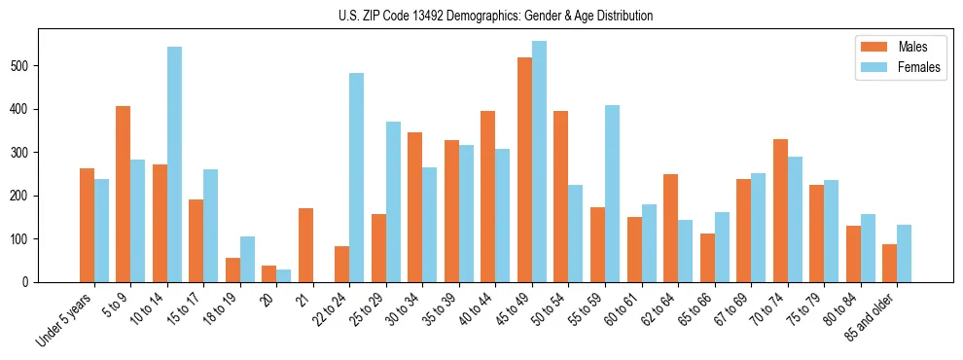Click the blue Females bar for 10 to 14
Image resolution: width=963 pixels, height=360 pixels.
click(174, 164)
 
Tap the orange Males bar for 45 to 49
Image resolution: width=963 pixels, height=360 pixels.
click(524, 170)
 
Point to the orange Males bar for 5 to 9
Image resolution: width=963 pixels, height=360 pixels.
click(124, 195)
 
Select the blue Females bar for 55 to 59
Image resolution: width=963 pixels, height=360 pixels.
click(612, 194)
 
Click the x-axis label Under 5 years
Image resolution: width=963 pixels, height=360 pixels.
click(66, 318)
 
